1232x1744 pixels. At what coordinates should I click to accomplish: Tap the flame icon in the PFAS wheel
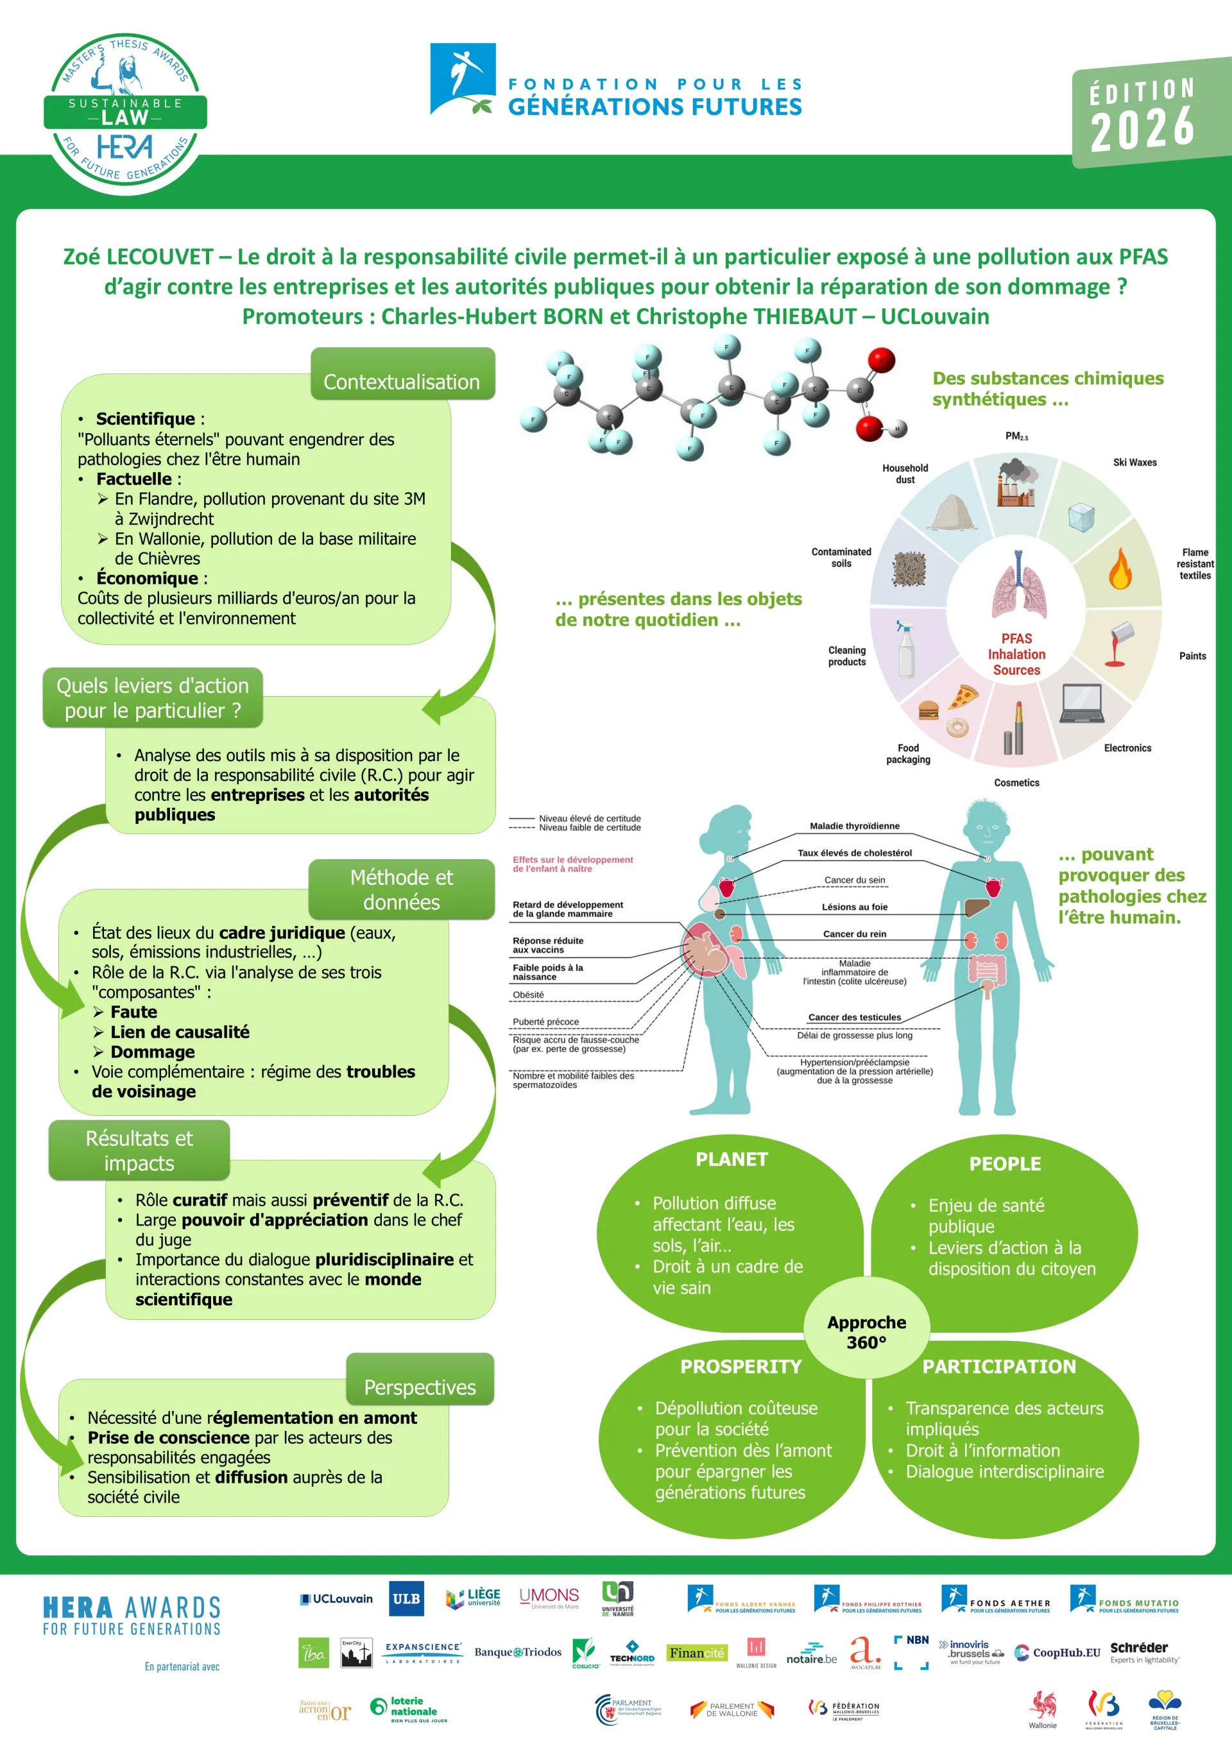coord(1120,568)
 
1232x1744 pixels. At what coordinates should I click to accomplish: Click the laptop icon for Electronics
coord(1082,703)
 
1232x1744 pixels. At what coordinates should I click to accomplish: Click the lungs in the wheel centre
coord(1018,585)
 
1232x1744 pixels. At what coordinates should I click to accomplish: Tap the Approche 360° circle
coord(867,1331)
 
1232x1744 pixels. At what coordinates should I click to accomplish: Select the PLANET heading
coord(732,1159)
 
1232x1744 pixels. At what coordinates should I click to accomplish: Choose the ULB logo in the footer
coord(406,1599)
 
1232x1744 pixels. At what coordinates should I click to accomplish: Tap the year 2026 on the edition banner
coord(1142,128)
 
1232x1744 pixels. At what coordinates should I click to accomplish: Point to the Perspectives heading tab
coord(420,1387)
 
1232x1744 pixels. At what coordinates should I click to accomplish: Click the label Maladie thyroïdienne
coord(855,826)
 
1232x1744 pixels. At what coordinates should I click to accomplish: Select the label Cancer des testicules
coord(855,1017)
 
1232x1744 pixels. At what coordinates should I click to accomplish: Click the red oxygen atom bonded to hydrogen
coord(869,429)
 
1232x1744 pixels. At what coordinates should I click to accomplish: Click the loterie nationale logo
coord(409,1709)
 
